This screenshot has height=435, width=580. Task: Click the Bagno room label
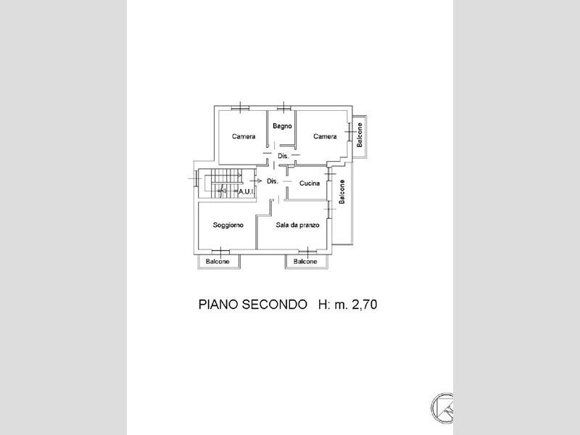282,126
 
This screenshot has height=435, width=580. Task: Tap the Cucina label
310,183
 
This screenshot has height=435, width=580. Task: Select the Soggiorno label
228,225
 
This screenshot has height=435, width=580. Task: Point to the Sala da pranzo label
297,225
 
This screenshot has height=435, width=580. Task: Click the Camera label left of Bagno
244,136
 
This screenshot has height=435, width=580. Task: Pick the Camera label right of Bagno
325,136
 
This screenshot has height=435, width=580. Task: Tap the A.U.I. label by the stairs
246,191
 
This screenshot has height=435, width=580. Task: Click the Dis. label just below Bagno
283,156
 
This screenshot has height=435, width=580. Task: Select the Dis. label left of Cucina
273,181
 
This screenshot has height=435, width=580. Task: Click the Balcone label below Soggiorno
217,262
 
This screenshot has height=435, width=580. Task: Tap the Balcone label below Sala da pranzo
305,262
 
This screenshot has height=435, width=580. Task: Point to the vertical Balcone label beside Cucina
341,191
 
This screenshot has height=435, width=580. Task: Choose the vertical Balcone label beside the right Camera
359,135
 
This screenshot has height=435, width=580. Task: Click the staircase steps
223,183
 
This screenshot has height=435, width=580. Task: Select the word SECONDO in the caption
275,304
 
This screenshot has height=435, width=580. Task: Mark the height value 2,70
365,304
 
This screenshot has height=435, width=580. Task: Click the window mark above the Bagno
283,107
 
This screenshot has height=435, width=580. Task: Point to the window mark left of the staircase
195,178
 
